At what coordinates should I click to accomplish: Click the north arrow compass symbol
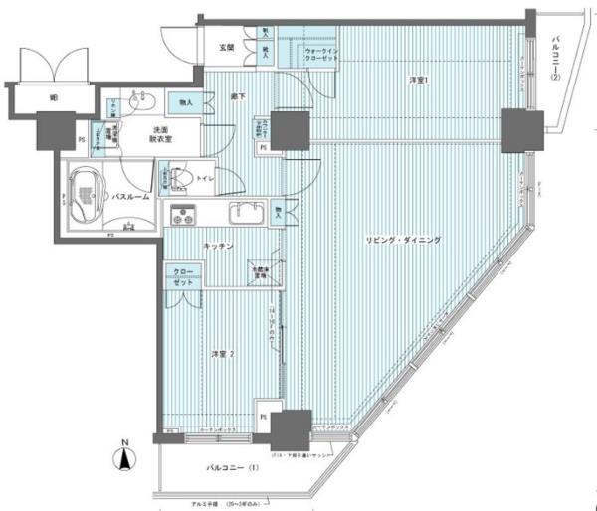[124, 457]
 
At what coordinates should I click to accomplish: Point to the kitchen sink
[244, 213]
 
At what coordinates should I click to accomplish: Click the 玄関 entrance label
[227, 47]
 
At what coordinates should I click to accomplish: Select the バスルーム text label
[130, 197]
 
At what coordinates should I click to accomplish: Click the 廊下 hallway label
[239, 96]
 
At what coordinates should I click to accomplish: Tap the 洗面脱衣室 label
[164, 136]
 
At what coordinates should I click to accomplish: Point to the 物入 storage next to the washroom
[186, 101]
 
